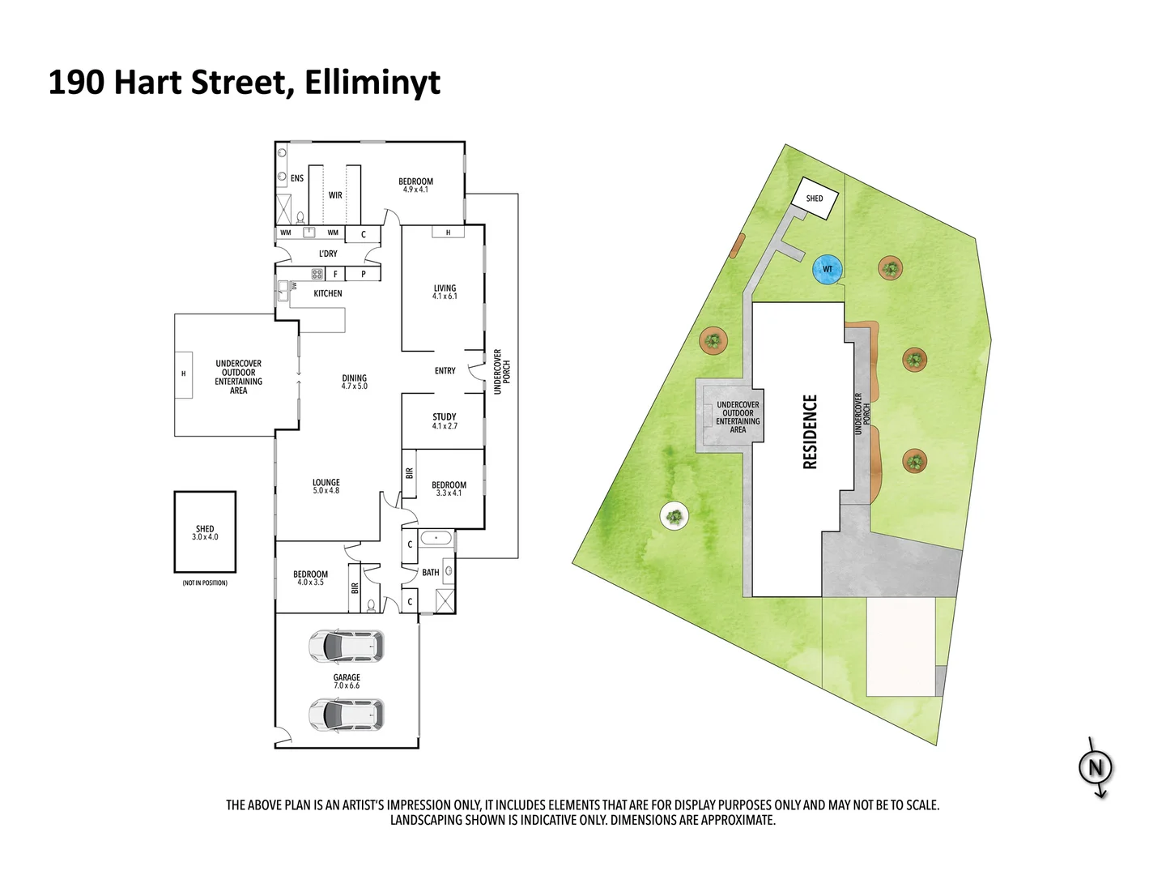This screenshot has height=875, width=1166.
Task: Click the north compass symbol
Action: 1096,767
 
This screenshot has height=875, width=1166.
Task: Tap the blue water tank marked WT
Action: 827,270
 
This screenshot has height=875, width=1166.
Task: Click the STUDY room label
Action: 445,421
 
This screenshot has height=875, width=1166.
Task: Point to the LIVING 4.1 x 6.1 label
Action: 445,292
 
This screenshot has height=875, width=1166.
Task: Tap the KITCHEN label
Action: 328,293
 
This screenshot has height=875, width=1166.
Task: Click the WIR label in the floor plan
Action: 335,195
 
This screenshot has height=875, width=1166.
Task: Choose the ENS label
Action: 297,178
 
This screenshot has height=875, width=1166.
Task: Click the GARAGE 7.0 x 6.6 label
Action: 347,681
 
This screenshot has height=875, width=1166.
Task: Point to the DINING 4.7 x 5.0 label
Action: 355,382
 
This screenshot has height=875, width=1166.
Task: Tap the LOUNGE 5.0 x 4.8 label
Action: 326,486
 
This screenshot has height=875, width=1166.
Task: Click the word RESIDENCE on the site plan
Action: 811,432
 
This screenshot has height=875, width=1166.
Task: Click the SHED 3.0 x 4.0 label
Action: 205,532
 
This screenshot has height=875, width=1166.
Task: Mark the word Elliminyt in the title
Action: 372,83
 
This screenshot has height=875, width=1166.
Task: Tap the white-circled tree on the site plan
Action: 674,514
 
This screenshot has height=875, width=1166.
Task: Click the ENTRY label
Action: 445,371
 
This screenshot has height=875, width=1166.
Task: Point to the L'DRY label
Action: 328,254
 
